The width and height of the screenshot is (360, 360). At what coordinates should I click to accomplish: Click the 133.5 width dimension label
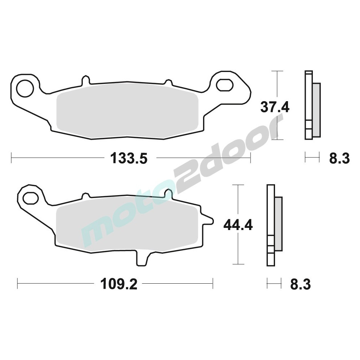click(x=129, y=158)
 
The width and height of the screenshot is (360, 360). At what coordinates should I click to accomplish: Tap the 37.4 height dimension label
click(x=275, y=107)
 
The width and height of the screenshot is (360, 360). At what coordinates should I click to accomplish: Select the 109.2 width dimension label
click(x=119, y=284)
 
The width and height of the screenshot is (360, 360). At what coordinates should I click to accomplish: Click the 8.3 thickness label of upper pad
click(x=339, y=158)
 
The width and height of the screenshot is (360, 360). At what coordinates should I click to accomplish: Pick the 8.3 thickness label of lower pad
click(x=301, y=284)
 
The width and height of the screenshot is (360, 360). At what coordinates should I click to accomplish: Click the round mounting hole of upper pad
click(x=25, y=89)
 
